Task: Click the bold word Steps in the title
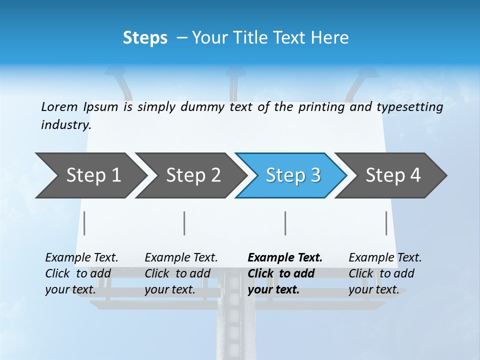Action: tap(145, 38)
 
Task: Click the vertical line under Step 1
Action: tap(84, 223)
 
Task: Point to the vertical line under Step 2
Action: tap(184, 223)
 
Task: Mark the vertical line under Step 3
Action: tap(285, 223)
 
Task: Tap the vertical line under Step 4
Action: tap(386, 223)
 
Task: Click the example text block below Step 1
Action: tap(81, 273)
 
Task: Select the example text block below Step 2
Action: tap(181, 273)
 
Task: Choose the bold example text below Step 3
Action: tap(285, 273)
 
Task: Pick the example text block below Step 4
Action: tap(385, 273)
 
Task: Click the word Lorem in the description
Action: tap(59, 107)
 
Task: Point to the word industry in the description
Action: tap(65, 125)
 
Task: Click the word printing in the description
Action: tap(321, 107)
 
